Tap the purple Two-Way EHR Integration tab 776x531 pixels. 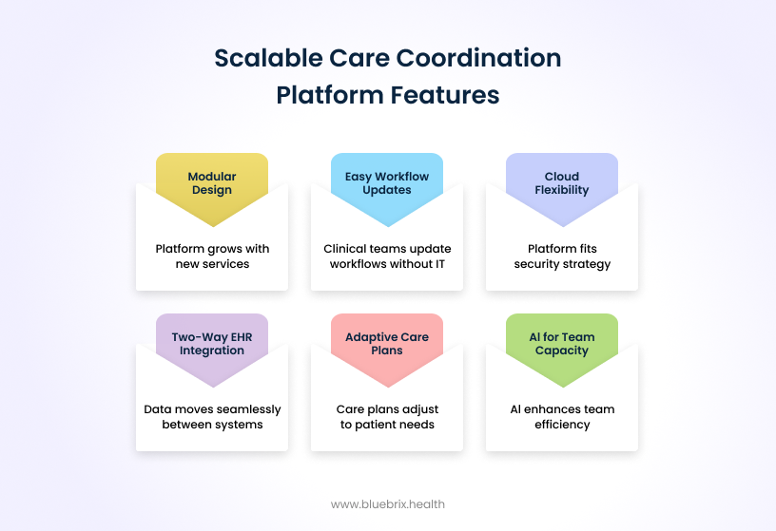tap(212, 344)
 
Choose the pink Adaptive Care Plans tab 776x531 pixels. tap(387, 344)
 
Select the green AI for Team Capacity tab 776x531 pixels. tap(562, 344)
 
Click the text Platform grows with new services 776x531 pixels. tap(212, 256)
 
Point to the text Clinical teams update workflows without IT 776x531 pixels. tap(387, 256)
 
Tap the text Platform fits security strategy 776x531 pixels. tap(562, 256)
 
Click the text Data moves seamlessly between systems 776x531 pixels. tap(212, 417)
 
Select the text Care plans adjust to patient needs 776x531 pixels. tap(387, 417)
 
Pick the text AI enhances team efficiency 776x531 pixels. tap(562, 417)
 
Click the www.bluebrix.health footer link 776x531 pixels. tap(387, 504)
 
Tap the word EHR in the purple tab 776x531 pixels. tap(234, 337)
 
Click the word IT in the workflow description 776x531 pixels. tap(438, 264)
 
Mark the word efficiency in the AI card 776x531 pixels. tap(562, 425)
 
